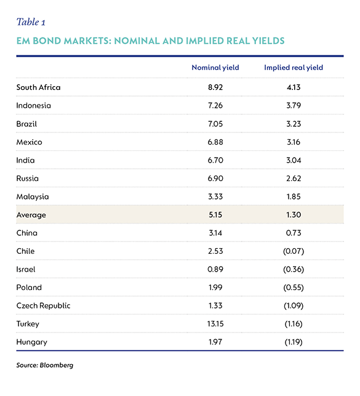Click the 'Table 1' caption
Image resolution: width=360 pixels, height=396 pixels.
31,22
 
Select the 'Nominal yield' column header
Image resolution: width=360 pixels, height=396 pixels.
215,68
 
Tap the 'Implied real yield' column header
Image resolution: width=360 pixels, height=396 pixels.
294,68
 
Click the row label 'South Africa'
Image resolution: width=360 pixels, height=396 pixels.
38,87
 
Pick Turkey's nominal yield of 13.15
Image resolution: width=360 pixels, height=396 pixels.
215,324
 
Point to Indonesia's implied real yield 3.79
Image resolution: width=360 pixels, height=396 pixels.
294,105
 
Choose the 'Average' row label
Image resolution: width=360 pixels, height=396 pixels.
31,215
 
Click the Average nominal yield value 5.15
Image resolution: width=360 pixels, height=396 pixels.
215,215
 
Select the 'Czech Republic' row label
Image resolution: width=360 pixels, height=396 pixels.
43,306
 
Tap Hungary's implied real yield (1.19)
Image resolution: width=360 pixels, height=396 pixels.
294,342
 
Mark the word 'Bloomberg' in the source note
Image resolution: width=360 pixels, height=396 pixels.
56,365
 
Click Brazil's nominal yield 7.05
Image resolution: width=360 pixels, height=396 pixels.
215,124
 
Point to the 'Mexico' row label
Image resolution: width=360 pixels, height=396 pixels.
29,142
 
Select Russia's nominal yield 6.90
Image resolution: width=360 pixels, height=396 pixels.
215,179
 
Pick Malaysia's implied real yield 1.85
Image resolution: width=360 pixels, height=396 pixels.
294,196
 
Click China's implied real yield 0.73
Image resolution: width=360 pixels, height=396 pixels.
294,233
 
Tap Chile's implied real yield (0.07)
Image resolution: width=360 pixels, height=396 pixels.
294,251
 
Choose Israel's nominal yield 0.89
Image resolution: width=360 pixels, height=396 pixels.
215,269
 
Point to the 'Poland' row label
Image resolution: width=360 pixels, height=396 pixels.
29,288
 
